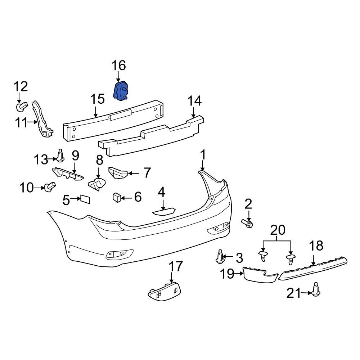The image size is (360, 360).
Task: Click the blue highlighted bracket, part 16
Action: pos(122,91)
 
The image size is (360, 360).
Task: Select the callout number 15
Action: pos(97,100)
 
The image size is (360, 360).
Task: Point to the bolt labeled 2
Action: pos(248,224)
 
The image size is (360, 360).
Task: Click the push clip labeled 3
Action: pos(219,257)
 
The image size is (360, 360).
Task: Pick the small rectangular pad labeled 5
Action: pos(85,199)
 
